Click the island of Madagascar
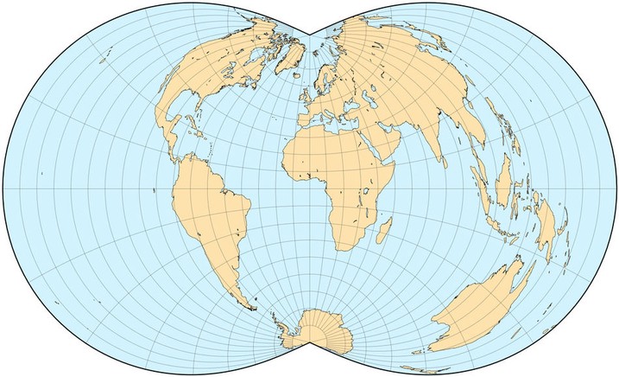[x=384, y=228]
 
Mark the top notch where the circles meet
[x=310, y=35]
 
